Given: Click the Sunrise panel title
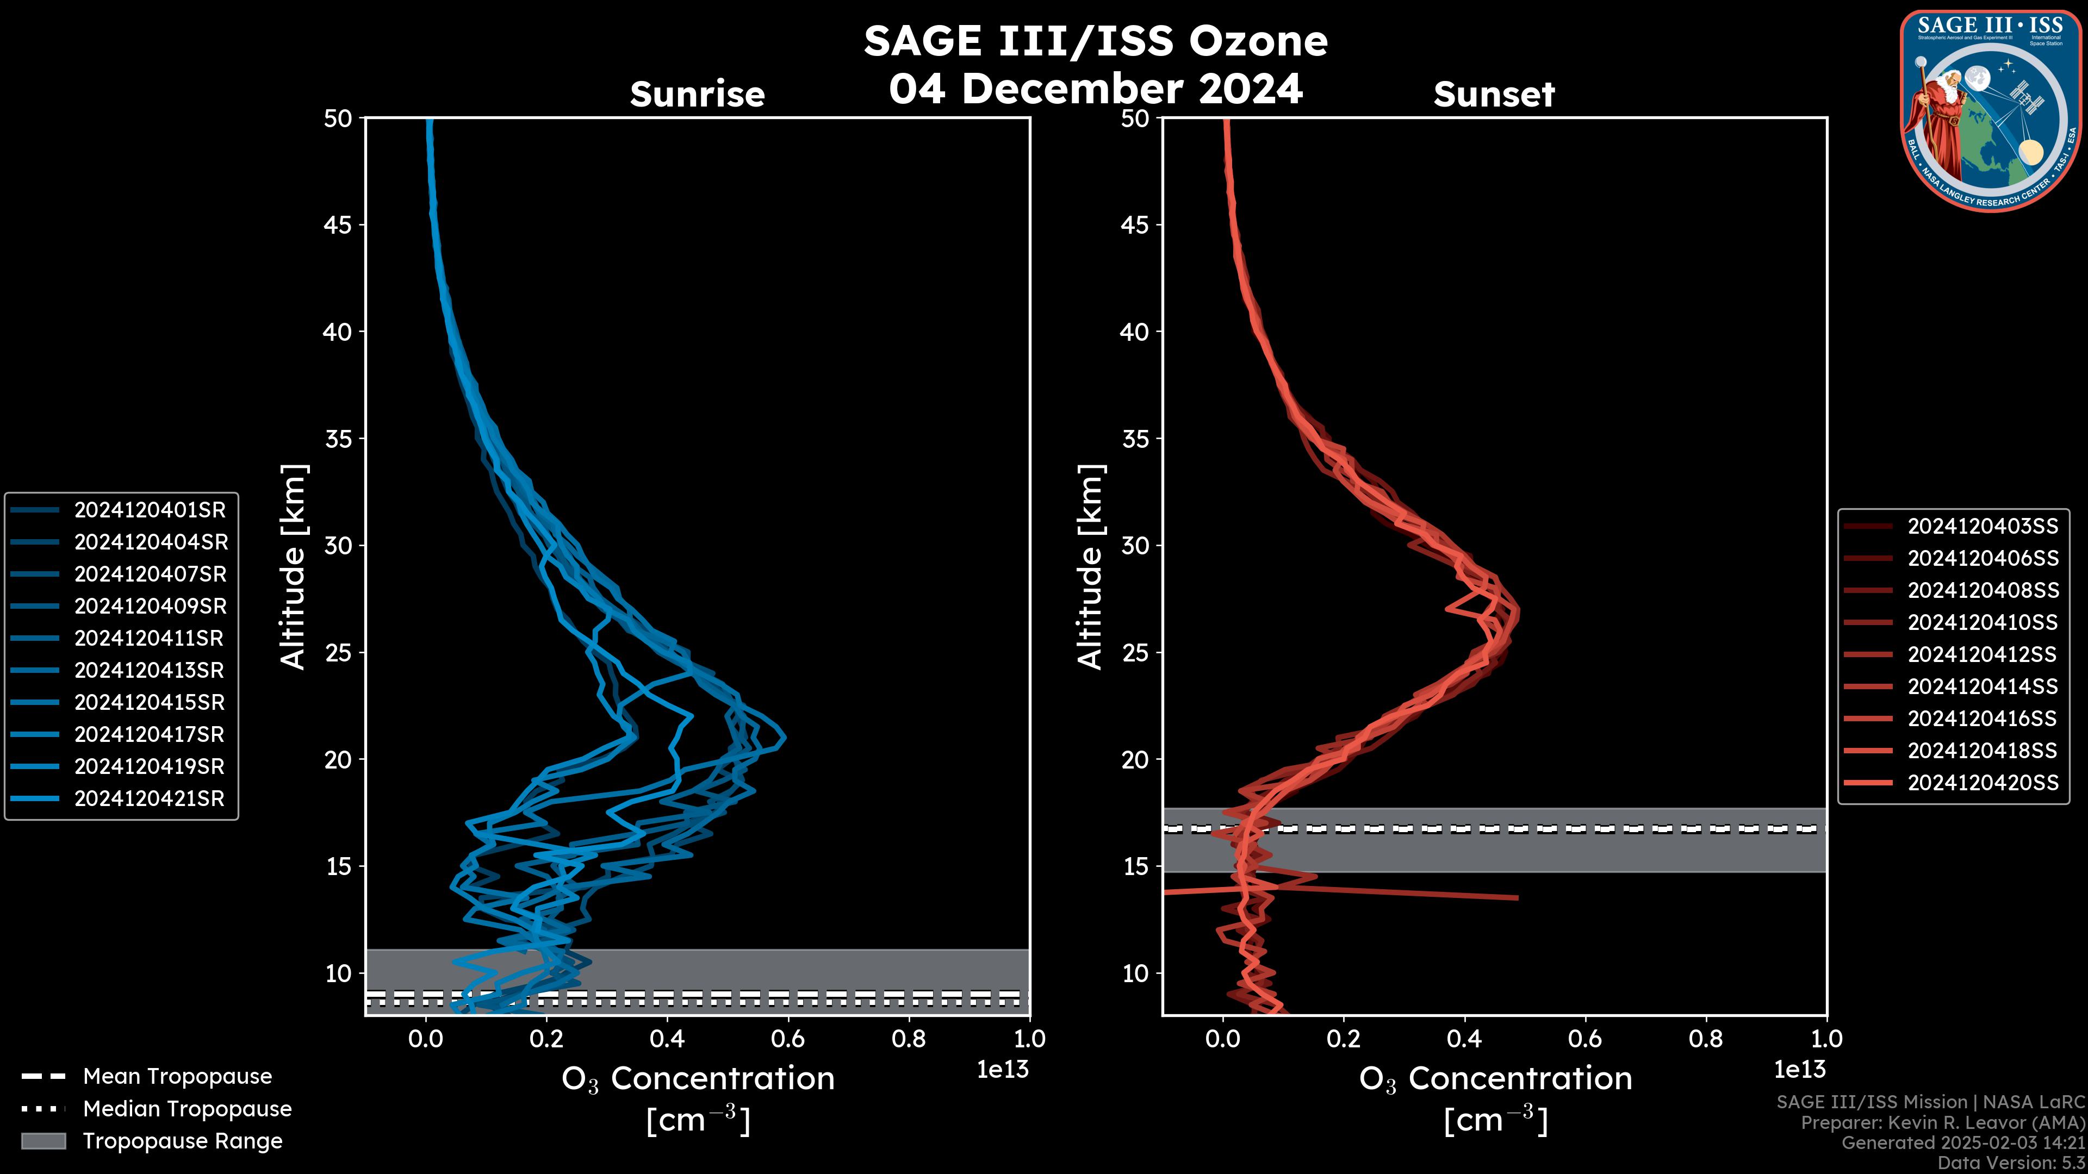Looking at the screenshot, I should pos(697,94).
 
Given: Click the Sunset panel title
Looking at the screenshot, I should pos(1494,94).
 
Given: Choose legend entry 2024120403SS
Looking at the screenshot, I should pos(1983,526).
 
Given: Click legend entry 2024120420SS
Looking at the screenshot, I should pos(1983,782).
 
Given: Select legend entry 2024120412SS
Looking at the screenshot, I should pos(1983,654).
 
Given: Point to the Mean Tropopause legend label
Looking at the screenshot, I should pos(177,1076).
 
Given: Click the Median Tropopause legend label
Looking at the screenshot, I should pos(187,1108).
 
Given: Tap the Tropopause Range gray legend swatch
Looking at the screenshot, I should pos(43,1141).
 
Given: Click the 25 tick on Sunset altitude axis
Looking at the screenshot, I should pos(1135,652).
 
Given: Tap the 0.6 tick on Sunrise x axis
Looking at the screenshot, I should pos(788,1039).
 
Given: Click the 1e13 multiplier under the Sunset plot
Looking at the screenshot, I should pos(1799,1070).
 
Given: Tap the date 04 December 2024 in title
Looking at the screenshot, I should pos(1096,88).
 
